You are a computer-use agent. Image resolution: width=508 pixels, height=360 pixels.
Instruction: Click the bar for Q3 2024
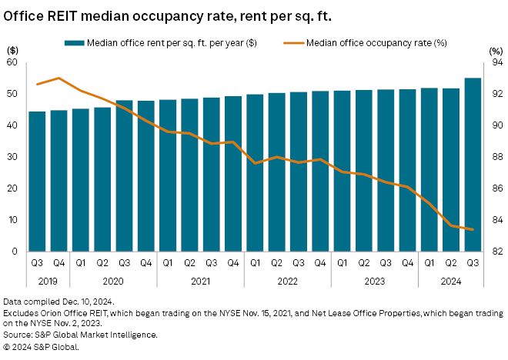[x=473, y=165]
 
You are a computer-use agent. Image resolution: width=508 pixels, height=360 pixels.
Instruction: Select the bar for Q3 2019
[x=37, y=182]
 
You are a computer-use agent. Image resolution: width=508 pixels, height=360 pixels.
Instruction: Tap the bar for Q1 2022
[x=256, y=173]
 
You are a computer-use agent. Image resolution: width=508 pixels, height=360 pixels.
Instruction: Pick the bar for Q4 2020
[x=146, y=176]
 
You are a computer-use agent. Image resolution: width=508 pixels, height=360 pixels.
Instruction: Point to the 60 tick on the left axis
[x=12, y=62]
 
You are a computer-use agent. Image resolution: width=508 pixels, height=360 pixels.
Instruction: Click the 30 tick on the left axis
[x=12, y=157]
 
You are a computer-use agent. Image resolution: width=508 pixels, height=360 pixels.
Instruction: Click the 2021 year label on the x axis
[x=201, y=281]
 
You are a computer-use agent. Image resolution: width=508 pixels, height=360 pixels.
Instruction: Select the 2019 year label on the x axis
[x=48, y=281]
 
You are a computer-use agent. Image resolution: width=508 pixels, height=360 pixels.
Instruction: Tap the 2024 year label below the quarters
[x=452, y=281]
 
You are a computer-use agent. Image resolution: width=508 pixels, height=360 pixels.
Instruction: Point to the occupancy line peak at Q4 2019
[x=58, y=78]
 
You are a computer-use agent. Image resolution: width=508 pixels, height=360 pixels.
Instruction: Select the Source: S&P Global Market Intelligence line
[x=81, y=335]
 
